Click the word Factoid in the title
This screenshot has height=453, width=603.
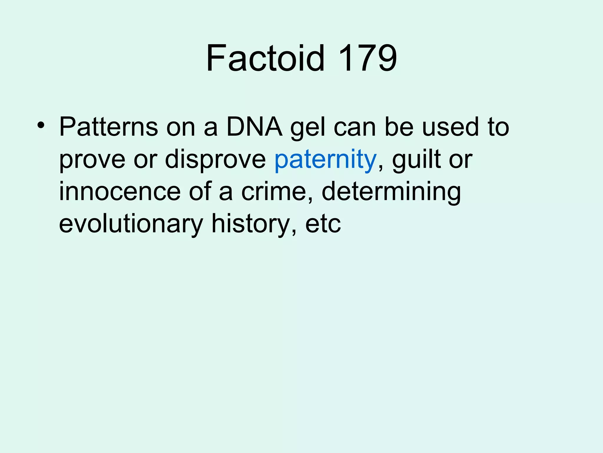click(265, 58)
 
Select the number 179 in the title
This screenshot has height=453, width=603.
click(368, 58)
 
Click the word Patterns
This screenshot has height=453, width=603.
click(109, 127)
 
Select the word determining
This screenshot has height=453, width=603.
click(391, 192)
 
